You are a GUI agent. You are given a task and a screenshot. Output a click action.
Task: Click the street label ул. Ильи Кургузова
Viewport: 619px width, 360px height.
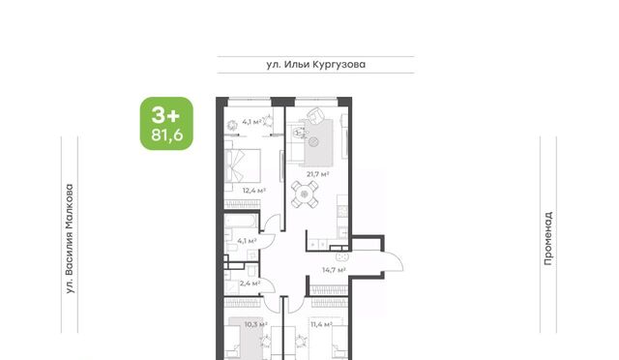[x=316, y=65]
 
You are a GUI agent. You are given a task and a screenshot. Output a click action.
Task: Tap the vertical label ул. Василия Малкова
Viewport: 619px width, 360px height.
[x=70, y=239]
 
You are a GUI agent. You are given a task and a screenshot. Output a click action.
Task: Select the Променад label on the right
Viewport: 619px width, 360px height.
[x=548, y=239]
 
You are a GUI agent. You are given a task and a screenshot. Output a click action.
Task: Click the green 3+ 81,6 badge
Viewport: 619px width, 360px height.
[x=166, y=124]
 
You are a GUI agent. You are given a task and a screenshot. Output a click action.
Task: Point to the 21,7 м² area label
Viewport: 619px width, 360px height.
[x=318, y=173]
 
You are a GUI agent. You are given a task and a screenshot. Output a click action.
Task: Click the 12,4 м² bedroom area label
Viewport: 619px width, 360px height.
[x=253, y=191]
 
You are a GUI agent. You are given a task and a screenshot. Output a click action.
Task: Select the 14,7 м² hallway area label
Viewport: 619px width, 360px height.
[x=334, y=270]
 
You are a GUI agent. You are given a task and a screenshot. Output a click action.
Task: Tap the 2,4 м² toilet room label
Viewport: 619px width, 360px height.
[x=250, y=284]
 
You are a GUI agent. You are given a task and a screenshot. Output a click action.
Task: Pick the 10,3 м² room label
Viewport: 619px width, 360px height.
[x=255, y=325]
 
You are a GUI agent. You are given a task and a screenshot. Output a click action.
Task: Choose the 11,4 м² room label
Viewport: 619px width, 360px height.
[x=321, y=325]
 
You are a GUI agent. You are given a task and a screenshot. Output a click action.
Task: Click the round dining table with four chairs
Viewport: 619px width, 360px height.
[x=305, y=194]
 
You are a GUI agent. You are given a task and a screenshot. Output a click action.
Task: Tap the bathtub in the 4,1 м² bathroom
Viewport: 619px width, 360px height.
[x=241, y=222]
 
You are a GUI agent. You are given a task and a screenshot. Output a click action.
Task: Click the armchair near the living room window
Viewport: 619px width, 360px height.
[x=316, y=115]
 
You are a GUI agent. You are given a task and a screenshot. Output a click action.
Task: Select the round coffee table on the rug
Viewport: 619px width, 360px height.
[x=313, y=141]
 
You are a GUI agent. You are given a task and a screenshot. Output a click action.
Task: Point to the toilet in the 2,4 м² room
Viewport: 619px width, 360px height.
[x=251, y=271]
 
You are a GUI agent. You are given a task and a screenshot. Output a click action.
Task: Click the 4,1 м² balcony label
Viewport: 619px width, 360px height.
[x=251, y=122]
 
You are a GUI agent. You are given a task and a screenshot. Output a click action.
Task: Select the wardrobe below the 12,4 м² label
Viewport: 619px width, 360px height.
[x=243, y=204]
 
